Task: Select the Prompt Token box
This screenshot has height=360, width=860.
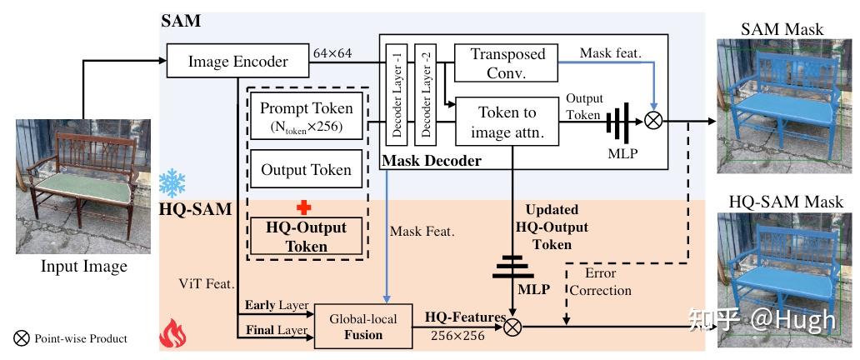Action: tap(306, 117)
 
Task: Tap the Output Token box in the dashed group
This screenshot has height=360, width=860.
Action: tap(306, 171)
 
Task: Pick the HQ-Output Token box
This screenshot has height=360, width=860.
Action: tap(306, 235)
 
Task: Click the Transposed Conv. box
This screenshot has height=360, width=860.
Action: tap(507, 64)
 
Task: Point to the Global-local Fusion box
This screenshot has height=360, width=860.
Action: tap(363, 327)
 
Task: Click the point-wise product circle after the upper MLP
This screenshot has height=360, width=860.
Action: tap(654, 121)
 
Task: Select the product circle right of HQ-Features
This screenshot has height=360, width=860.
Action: tap(512, 327)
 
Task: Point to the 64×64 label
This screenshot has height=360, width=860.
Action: tap(332, 53)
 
